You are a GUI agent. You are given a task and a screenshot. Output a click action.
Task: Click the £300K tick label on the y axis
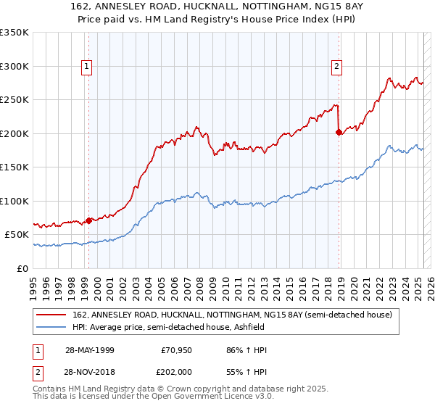click(x=14, y=66)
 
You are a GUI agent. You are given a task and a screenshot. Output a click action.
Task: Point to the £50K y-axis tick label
click(x=17, y=235)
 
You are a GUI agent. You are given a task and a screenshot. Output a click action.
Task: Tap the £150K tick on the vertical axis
click(x=14, y=167)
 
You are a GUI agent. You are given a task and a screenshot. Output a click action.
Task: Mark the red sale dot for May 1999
click(x=88, y=220)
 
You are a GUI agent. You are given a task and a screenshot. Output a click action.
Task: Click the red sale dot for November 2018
click(x=339, y=132)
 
